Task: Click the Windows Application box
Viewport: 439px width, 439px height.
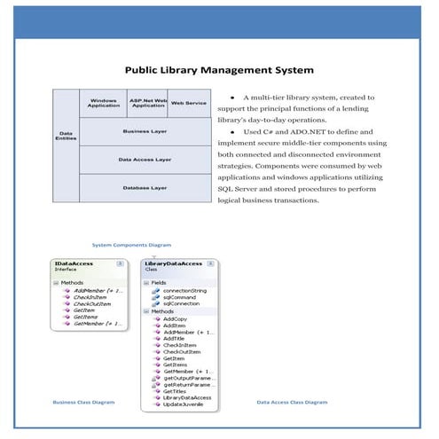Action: click(x=104, y=103)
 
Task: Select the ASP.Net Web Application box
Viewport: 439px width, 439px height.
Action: click(x=147, y=103)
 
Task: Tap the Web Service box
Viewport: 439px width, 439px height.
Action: click(x=188, y=103)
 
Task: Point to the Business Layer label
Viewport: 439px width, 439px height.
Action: click(x=145, y=131)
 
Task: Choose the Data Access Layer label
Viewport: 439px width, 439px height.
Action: click(x=145, y=160)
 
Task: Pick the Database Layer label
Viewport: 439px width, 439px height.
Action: click(x=145, y=188)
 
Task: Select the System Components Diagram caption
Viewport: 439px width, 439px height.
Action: click(x=132, y=245)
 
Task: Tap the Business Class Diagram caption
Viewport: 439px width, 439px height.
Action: click(x=83, y=402)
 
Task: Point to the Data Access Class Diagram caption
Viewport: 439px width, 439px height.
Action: click(x=292, y=402)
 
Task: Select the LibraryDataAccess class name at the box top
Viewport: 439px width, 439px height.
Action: click(x=173, y=263)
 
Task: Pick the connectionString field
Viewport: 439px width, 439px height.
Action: click(x=184, y=290)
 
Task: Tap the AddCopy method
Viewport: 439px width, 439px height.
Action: click(x=175, y=318)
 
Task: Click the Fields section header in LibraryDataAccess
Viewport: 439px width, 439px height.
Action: click(x=158, y=283)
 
